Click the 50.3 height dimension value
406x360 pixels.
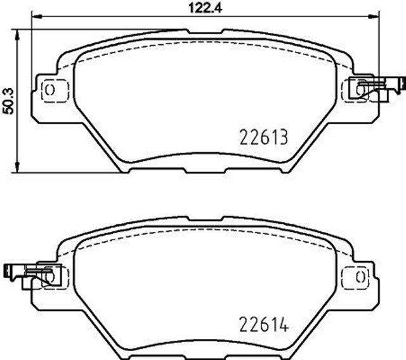point(8,100)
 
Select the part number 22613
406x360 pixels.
point(263,137)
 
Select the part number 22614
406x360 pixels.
point(263,325)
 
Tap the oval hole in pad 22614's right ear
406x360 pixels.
point(359,277)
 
